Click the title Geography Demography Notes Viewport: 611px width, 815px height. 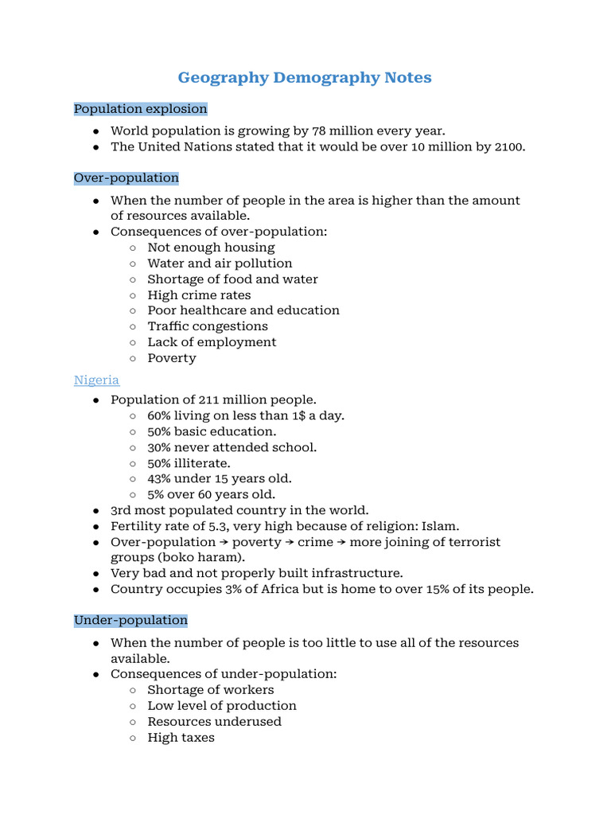(305, 77)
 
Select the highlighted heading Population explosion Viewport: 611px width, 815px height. (140, 108)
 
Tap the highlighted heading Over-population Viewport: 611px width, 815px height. (126, 177)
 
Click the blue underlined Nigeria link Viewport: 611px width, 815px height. (96, 380)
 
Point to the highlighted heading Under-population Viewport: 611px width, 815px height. (130, 619)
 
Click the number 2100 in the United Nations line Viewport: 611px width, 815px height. (508, 146)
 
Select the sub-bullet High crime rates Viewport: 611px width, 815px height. (199, 294)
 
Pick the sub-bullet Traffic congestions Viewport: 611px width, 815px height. (208, 326)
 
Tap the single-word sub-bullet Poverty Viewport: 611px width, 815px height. (171, 357)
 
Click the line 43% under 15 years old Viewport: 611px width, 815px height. (220, 478)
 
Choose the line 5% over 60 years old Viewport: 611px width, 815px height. (216, 494)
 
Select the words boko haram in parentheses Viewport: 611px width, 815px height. (191, 557)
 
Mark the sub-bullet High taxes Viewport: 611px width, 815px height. (181, 737)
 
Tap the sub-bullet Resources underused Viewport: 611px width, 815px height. (214, 721)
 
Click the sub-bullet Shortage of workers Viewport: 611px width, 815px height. (210, 689)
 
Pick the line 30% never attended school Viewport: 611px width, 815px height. (232, 447)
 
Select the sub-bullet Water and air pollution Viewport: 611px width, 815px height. (220, 263)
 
